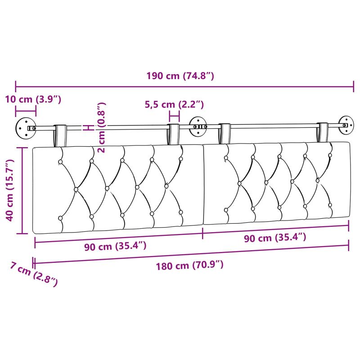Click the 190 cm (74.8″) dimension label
[180, 76]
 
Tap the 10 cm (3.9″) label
[33, 99]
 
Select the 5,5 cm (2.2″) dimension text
[174, 104]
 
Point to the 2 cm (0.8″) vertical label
[101, 127]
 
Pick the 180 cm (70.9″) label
[189, 265]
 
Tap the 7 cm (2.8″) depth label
[34, 274]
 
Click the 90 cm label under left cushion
[115, 246]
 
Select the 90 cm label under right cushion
[275, 238]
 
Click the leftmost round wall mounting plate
[26, 128]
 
